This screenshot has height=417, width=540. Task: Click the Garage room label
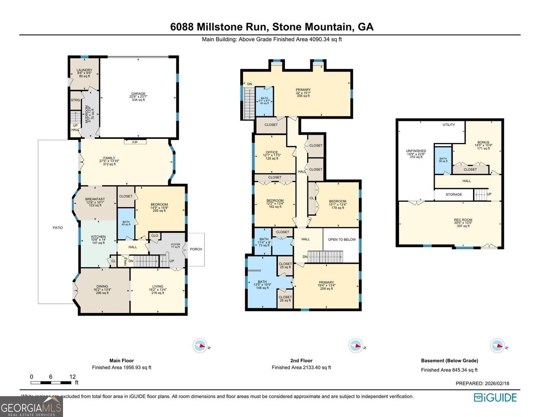click(x=138, y=96)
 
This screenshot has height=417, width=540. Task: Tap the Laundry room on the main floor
click(x=84, y=73)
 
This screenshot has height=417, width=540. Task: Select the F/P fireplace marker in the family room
click(x=135, y=142)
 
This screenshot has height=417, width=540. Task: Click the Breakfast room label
click(x=95, y=202)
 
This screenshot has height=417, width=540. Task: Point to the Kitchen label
click(x=98, y=239)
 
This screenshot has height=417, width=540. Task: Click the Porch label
click(x=196, y=249)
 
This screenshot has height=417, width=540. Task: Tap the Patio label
click(x=58, y=228)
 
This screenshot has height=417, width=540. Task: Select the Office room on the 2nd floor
click(x=272, y=155)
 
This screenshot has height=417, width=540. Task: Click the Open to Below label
click(x=342, y=239)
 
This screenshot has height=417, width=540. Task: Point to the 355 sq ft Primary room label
click(x=303, y=92)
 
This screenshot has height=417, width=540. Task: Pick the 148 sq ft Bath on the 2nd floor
click(x=262, y=284)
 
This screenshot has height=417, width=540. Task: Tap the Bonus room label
click(x=483, y=145)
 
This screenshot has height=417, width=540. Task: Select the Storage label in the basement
click(x=454, y=194)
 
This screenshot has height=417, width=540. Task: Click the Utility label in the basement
click(x=449, y=125)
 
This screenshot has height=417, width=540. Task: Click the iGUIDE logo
click(x=495, y=397)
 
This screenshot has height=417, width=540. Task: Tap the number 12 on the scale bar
click(x=73, y=377)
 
